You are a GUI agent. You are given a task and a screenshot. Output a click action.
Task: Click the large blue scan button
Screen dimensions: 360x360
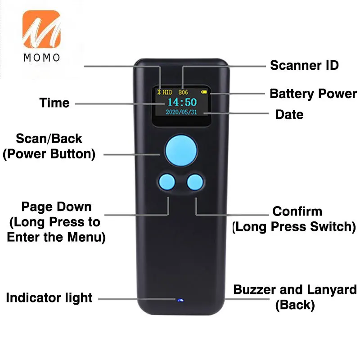click(x=181, y=151)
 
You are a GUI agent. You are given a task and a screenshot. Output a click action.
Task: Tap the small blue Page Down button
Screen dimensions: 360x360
click(x=166, y=182)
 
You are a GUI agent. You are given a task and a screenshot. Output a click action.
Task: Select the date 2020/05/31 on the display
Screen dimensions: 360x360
click(x=182, y=112)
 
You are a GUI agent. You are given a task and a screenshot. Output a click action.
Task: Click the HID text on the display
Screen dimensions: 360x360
click(x=167, y=92)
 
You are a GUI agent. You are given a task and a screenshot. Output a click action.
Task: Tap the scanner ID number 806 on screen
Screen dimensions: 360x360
click(x=183, y=92)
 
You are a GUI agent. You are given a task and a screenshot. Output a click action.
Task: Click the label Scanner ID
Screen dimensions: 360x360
click(x=304, y=65)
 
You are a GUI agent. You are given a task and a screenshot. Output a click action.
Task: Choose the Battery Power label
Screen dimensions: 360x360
click(x=313, y=94)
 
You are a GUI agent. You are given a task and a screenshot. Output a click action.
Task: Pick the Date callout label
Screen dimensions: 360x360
click(x=289, y=114)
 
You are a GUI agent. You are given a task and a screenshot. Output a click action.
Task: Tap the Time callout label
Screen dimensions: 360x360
click(x=54, y=103)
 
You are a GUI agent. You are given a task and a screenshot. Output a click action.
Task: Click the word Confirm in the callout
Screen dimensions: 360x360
click(x=297, y=211)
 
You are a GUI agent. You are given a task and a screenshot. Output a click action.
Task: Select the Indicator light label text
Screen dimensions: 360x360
click(x=49, y=298)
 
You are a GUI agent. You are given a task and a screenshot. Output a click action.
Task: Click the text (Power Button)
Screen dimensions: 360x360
click(x=49, y=154)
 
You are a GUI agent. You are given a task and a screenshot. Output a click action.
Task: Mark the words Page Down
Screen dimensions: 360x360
click(x=56, y=207)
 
